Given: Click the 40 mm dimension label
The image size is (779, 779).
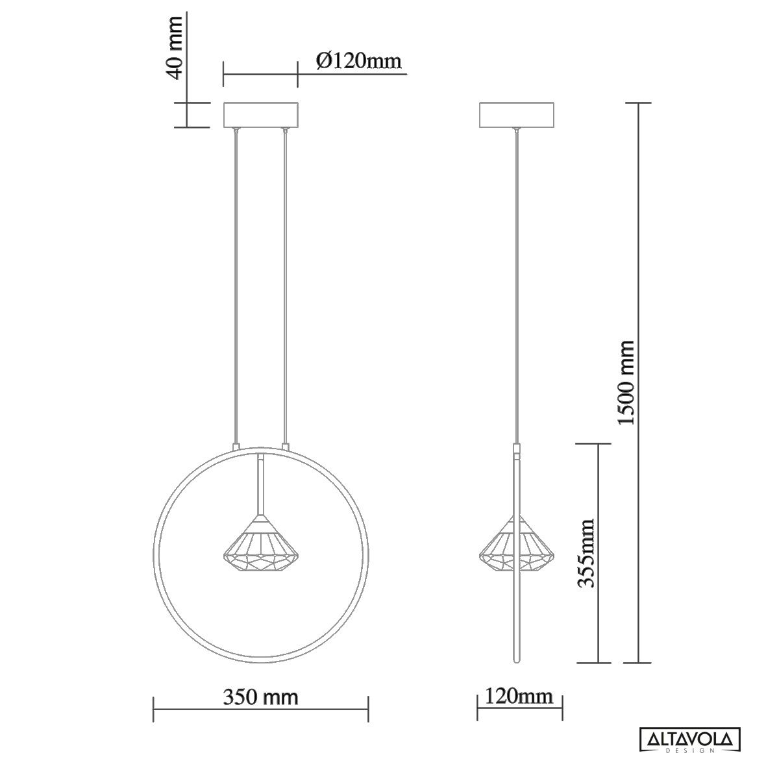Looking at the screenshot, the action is [175, 47].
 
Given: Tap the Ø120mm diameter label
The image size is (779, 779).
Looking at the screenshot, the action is [359, 62].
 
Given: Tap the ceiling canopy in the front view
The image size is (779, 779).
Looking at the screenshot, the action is [261, 115].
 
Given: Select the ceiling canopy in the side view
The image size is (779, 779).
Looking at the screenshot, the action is [517, 115].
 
